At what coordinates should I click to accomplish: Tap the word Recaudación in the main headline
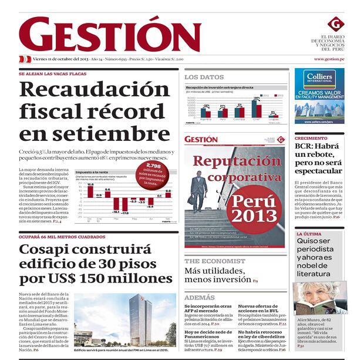point(95,90)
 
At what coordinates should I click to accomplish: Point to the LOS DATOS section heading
point(204,77)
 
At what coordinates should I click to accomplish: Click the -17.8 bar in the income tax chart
point(124,206)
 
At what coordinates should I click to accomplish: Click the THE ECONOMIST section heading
point(214,261)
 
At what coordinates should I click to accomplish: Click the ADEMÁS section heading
point(199,298)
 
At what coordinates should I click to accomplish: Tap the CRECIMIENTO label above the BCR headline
point(311,139)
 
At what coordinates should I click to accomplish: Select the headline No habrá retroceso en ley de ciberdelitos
point(262,335)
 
